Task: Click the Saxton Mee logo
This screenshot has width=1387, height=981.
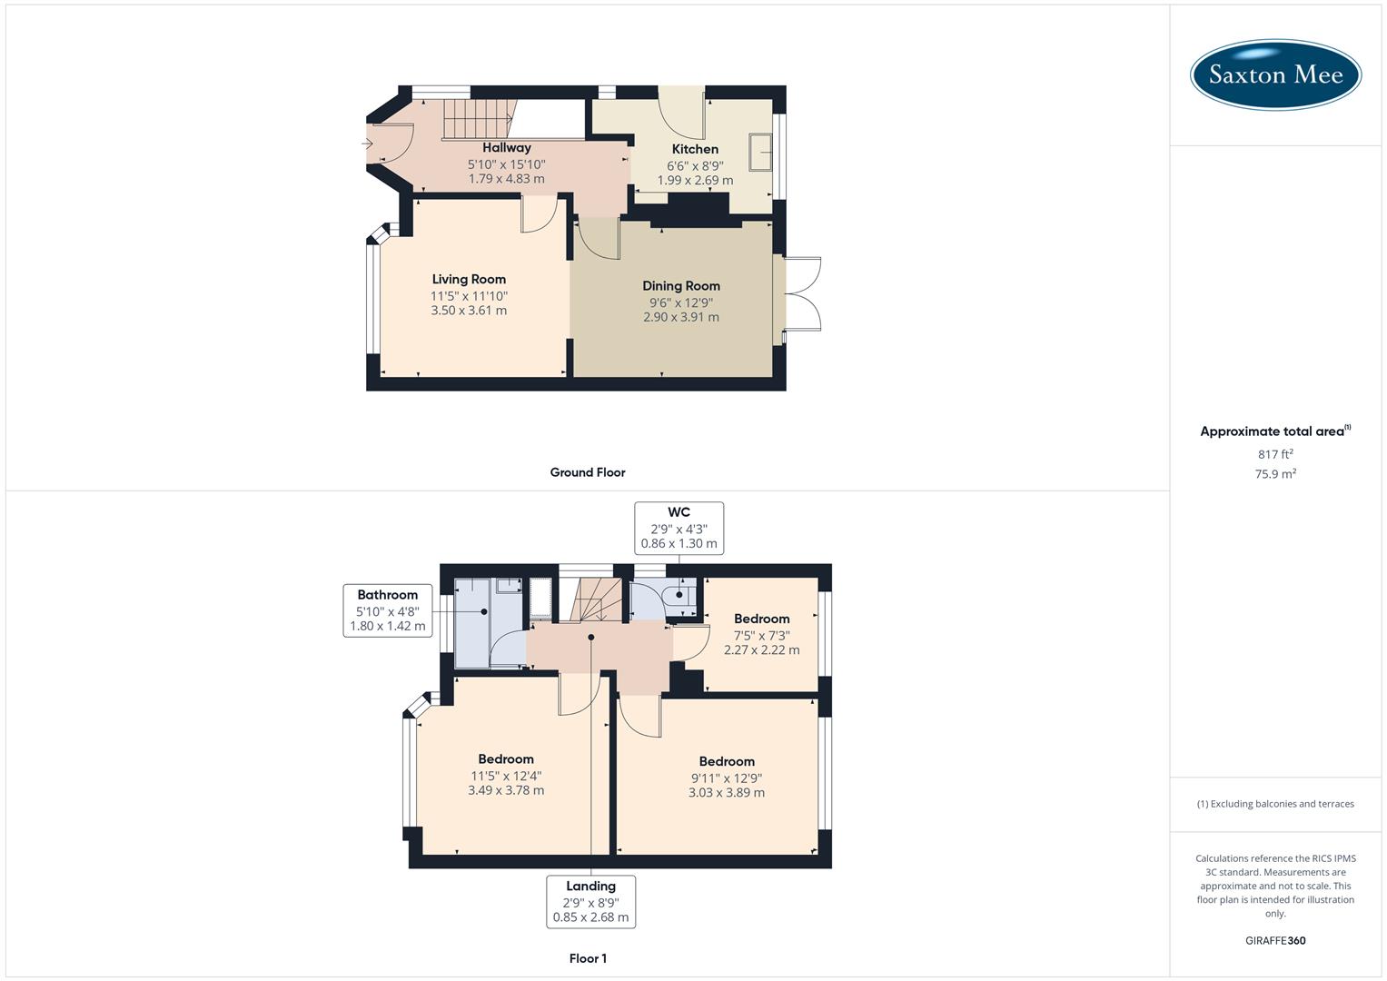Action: pyautogui.click(x=1275, y=74)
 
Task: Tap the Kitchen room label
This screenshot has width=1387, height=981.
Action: pyautogui.click(x=695, y=149)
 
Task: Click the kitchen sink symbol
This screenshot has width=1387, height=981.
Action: pyautogui.click(x=760, y=152)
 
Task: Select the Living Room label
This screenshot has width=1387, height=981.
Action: pyautogui.click(x=469, y=279)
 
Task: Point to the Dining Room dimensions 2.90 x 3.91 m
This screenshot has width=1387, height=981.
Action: pyautogui.click(x=680, y=317)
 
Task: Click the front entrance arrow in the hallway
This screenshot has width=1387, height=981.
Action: pyautogui.click(x=368, y=144)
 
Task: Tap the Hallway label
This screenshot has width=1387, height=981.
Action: pyautogui.click(x=506, y=147)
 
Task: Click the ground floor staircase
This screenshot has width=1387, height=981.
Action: pyautogui.click(x=477, y=119)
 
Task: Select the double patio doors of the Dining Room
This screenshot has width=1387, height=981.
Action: pyautogui.click(x=803, y=293)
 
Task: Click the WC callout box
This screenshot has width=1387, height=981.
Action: pyautogui.click(x=679, y=528)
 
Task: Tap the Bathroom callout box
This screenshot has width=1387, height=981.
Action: pyautogui.click(x=388, y=610)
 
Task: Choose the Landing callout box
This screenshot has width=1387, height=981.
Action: pyautogui.click(x=590, y=901)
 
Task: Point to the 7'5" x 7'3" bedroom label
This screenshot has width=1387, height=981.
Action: pyautogui.click(x=761, y=635)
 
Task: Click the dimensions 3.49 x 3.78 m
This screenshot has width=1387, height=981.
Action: pyautogui.click(x=506, y=790)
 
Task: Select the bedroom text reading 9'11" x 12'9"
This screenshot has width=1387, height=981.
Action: pyautogui.click(x=726, y=778)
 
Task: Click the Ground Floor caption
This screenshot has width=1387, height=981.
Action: pyautogui.click(x=588, y=472)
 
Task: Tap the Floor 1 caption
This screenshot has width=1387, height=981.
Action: pyautogui.click(x=588, y=958)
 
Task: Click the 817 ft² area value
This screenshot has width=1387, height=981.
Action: pyautogui.click(x=1275, y=454)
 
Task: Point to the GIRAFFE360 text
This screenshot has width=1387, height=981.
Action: pyautogui.click(x=1275, y=940)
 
